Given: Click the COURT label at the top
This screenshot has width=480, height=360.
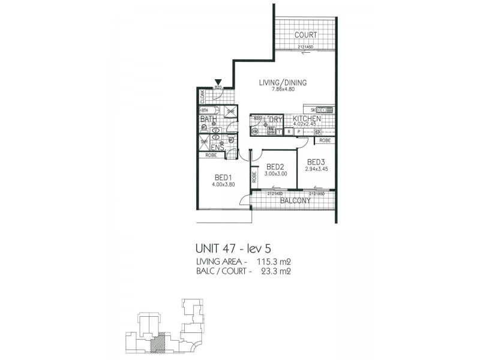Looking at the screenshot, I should pos(306,35).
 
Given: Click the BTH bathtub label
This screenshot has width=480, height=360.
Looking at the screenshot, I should pos(205,110).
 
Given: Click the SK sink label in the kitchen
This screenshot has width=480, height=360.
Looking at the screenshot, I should pos(314,110).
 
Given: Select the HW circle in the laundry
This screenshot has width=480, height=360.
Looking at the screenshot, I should pos(254,131).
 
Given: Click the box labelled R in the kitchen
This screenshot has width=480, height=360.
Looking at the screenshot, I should pos(289,131).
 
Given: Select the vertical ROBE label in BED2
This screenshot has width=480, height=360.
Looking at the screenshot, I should pos(254,178).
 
